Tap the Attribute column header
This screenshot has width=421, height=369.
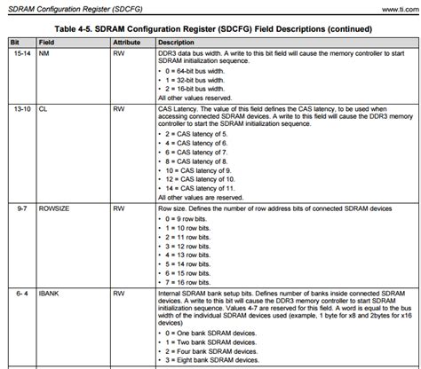(x=129, y=42)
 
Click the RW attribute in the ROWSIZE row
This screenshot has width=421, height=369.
(x=119, y=209)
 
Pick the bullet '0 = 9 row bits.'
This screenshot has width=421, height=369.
(x=190, y=218)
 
